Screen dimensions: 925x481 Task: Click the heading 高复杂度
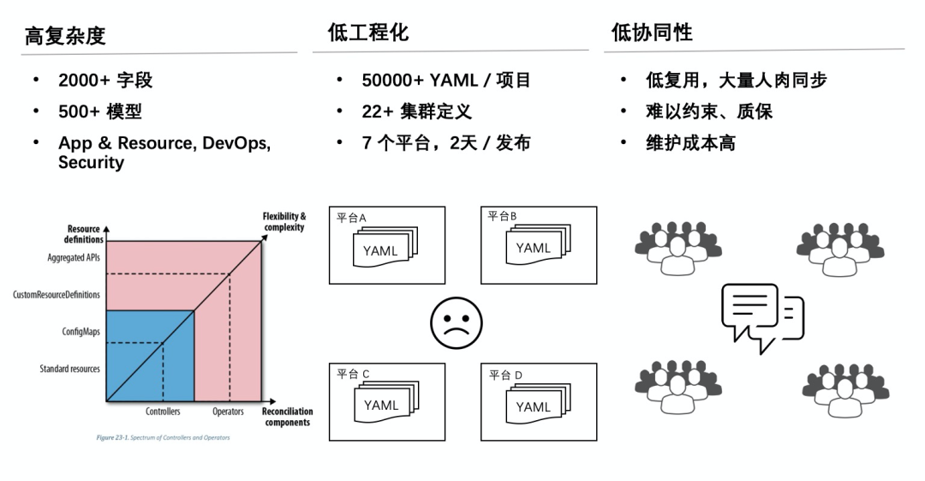[65, 36]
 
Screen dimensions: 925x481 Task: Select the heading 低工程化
[368, 33]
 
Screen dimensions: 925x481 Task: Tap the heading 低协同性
[652, 33]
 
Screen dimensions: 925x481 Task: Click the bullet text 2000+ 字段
[105, 80]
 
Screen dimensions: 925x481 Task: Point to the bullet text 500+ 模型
[99, 111]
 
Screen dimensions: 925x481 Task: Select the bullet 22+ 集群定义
[416, 111]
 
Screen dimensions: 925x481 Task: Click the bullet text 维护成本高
[690, 142]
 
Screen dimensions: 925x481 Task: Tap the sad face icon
[456, 323]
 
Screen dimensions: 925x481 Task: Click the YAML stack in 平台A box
[385, 247]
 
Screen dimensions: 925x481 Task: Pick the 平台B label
[502, 216]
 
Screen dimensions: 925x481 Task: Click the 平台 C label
[353, 374]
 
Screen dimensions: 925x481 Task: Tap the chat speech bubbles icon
[763, 317]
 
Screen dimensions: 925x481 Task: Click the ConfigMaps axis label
[81, 332]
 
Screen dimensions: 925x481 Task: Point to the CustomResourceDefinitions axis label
[57, 294]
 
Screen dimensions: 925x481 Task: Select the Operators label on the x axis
[228, 412]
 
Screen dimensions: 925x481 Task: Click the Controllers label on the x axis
[163, 412]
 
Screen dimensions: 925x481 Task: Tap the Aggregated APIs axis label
[74, 257]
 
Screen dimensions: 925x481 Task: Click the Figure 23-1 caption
[163, 438]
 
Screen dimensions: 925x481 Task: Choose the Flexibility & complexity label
[284, 221]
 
